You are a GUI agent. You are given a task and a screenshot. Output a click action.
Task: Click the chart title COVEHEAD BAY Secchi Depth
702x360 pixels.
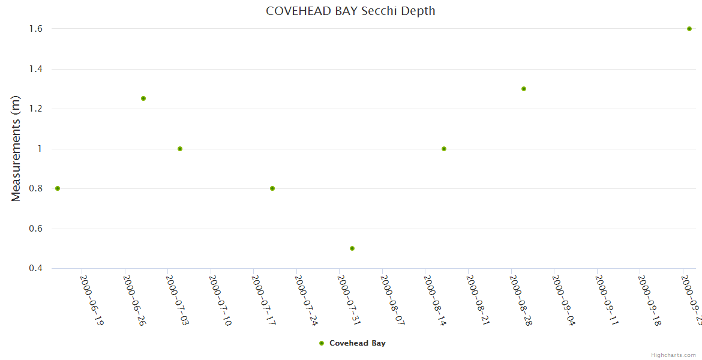click(350, 11)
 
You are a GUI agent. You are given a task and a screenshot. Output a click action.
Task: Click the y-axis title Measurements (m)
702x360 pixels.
click(16, 148)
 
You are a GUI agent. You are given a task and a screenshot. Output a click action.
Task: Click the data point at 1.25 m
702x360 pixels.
click(143, 98)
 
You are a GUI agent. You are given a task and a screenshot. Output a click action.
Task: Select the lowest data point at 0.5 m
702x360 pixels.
click(352, 248)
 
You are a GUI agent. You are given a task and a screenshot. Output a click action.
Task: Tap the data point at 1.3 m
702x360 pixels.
click(524, 89)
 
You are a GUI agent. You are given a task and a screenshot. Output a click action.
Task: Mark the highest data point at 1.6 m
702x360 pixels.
click(689, 29)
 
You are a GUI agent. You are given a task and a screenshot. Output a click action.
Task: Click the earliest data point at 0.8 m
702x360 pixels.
click(58, 188)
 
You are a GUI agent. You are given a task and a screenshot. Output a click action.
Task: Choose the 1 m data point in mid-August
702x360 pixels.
click(444, 149)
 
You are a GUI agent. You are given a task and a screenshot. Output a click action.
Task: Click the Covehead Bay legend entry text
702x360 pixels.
click(358, 343)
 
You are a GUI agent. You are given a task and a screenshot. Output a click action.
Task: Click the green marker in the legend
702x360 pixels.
click(322, 343)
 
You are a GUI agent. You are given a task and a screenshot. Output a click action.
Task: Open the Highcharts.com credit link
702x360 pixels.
click(674, 355)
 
